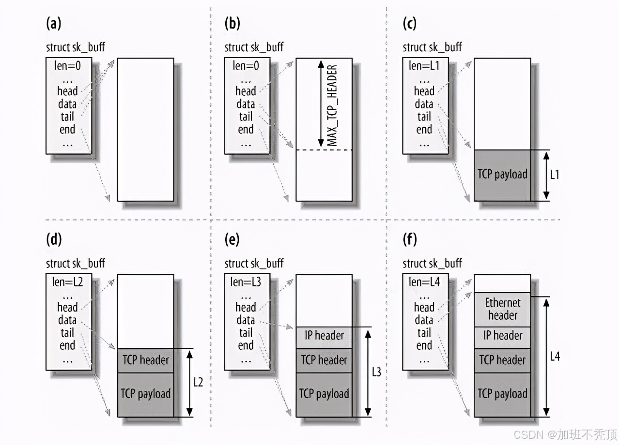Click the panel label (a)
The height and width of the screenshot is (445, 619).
click(54, 24)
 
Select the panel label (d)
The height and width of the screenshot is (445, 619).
click(54, 240)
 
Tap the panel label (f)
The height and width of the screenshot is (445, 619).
click(410, 240)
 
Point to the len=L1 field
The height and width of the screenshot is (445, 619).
click(424, 66)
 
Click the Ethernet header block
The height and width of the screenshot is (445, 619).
click(502, 309)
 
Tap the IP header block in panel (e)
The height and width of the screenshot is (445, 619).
click(324, 335)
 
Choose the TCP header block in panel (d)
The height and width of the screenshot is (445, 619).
click(145, 360)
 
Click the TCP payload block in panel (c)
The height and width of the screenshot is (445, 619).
click(502, 175)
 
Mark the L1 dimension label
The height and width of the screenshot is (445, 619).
click(555, 175)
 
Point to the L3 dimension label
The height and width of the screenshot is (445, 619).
click(377, 372)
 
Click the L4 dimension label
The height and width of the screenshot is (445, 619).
click(555, 356)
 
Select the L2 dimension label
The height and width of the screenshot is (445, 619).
click(198, 382)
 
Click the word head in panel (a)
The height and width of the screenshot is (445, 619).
click(67, 91)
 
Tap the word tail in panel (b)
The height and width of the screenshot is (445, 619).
click(246, 117)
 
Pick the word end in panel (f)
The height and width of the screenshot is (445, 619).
click(424, 345)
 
